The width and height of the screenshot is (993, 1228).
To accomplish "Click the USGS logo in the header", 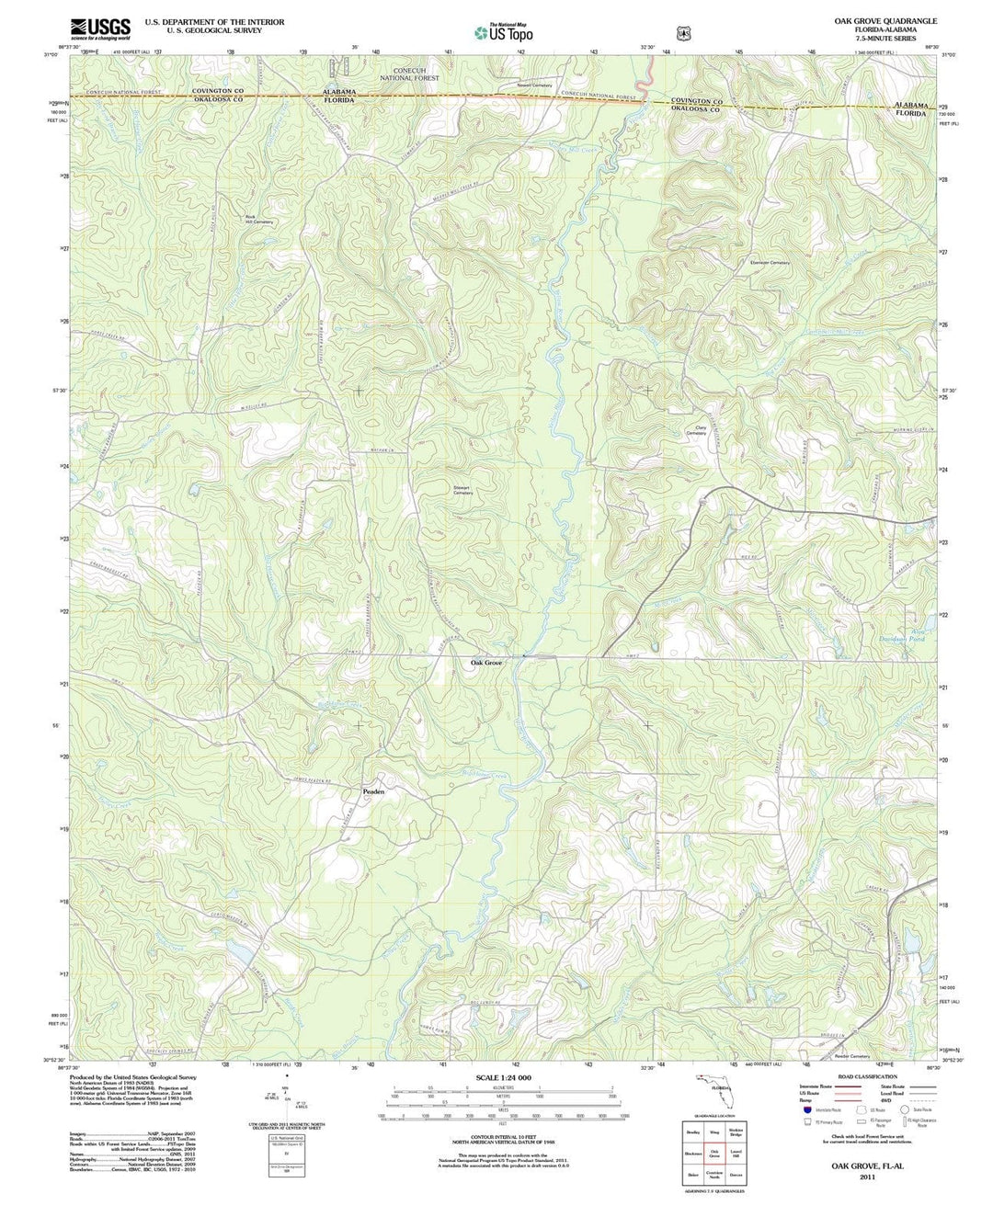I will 100,28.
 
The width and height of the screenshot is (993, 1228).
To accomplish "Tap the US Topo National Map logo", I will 503,32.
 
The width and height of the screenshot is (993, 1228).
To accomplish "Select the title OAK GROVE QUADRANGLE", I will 885,20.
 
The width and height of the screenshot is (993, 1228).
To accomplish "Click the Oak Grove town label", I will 487,662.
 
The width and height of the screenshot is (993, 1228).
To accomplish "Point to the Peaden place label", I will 373,790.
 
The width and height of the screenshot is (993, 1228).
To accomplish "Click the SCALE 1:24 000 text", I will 503,1077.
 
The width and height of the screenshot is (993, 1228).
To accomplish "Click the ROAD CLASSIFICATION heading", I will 862,1076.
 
